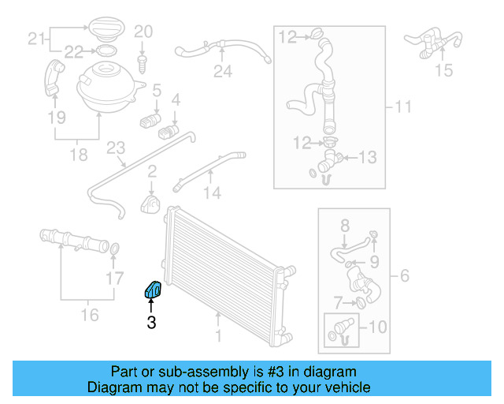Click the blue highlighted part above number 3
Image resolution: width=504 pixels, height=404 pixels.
(x=152, y=290)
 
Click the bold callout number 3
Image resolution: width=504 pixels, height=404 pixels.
(x=151, y=322)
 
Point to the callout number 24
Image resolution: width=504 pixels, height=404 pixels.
(x=223, y=73)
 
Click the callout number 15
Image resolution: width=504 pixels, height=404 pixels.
(x=444, y=71)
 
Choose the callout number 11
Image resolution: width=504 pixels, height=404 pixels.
(x=403, y=107)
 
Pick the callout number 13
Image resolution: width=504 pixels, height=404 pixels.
(x=369, y=158)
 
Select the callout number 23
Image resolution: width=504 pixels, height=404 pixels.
(x=116, y=148)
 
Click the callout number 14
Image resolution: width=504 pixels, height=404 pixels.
(x=213, y=192)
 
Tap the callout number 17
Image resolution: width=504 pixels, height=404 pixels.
(x=115, y=278)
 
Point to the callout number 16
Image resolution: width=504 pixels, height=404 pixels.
(x=90, y=315)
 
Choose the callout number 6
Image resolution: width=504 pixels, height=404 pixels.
(x=405, y=275)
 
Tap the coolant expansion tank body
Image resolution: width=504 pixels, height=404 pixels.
(x=106, y=84)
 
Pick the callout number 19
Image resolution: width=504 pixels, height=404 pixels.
(x=55, y=118)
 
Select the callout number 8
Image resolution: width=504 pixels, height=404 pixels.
(x=344, y=226)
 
